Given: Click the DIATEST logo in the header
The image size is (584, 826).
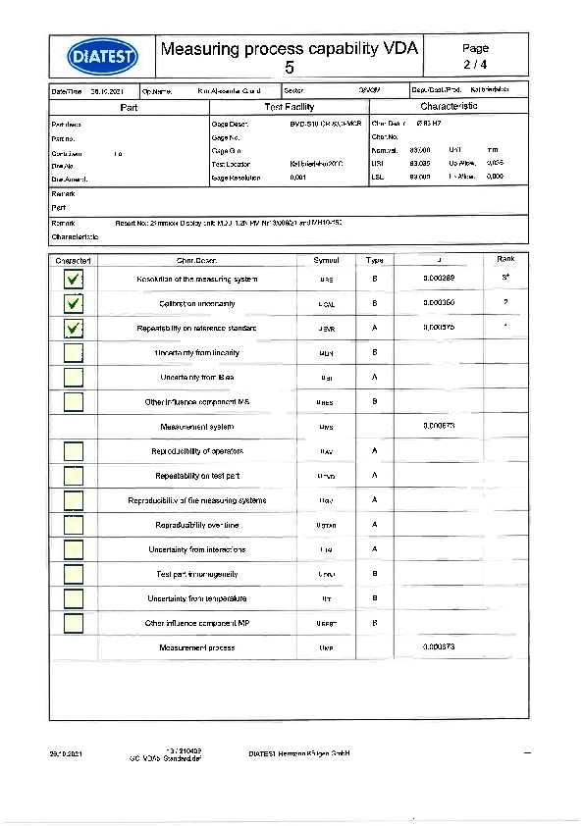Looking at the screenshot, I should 103,55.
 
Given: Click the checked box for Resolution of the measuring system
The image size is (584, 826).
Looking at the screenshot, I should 73,280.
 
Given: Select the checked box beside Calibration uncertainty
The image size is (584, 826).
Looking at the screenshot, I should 73,304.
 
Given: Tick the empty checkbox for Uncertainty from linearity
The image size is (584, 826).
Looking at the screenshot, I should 73,353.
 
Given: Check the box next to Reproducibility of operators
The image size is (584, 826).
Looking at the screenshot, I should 73,451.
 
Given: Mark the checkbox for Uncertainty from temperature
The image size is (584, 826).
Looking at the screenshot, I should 73,598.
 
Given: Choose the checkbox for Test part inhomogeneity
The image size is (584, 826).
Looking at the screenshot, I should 73,574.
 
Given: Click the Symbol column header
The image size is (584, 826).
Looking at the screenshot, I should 326,260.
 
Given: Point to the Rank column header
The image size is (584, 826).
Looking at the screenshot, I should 505,260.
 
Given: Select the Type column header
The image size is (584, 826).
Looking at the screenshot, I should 375,260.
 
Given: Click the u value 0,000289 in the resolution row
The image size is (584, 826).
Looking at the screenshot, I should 438,279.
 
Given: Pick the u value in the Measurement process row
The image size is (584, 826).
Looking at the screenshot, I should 438,647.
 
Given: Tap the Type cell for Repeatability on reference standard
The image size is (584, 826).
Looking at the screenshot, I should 375,328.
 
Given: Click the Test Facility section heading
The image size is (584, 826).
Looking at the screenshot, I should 290,106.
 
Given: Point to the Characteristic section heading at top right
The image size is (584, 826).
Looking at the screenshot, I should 449,106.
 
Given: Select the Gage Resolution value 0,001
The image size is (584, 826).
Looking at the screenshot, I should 298,178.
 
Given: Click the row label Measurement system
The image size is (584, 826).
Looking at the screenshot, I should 196,427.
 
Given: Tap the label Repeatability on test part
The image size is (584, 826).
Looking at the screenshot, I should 197,476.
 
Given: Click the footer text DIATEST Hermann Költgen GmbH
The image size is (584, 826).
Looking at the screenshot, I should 299,753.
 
